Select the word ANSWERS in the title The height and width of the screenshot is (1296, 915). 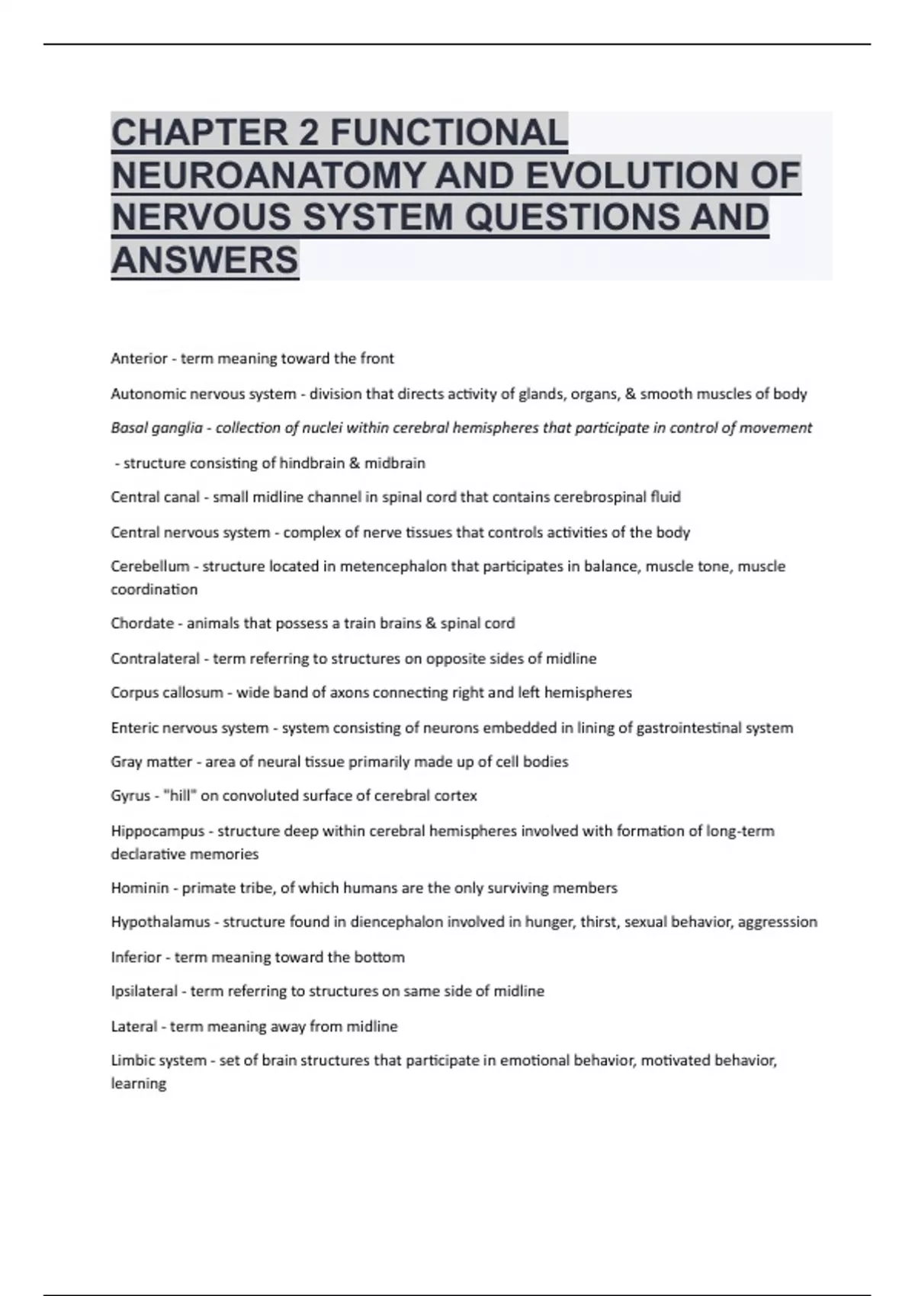click(x=204, y=260)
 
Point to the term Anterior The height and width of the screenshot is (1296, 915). click(x=139, y=358)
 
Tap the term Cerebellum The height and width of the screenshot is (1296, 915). click(x=149, y=566)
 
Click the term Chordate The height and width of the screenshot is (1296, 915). click(x=142, y=624)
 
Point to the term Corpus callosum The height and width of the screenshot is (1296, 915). click(x=167, y=693)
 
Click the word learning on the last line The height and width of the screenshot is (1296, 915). click(x=138, y=1083)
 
